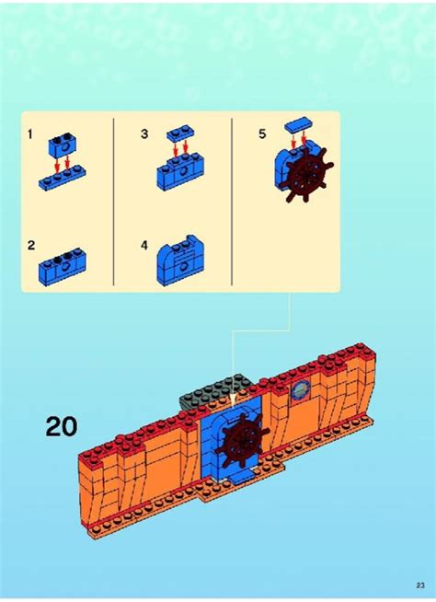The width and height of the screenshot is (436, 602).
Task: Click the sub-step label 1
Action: pyautogui.click(x=29, y=134)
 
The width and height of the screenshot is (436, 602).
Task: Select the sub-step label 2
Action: pyautogui.click(x=30, y=246)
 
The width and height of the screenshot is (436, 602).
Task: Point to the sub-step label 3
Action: pyautogui.click(x=144, y=134)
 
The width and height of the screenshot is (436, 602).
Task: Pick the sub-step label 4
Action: pyautogui.click(x=144, y=246)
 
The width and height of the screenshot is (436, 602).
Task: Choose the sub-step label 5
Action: pyautogui.click(x=261, y=134)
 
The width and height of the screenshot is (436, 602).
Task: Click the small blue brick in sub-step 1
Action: pyautogui.click(x=63, y=142)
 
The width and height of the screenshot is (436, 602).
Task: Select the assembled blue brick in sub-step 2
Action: pyautogui.click(x=63, y=265)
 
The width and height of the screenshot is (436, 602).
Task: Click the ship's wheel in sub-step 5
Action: pyautogui.click(x=304, y=178)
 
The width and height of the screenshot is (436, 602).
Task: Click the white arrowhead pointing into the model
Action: pyautogui.click(x=234, y=398)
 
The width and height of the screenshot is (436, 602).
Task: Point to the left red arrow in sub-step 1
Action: pyautogui.click(x=57, y=161)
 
